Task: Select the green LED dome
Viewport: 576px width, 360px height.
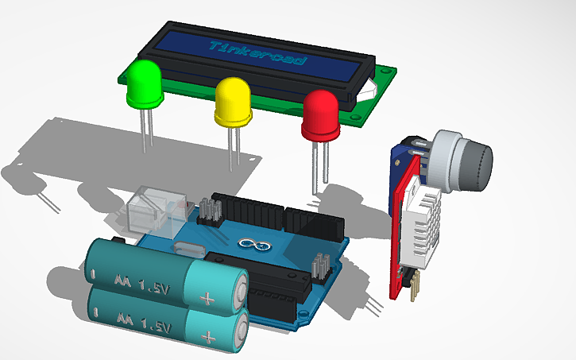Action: [144, 83]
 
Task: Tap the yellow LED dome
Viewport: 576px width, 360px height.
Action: [233, 101]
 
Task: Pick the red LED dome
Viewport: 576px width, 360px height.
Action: [321, 114]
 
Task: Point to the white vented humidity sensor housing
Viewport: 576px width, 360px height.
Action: [422, 230]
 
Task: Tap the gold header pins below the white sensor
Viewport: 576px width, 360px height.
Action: [412, 285]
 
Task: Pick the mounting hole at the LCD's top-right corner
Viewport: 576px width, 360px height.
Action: [387, 72]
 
